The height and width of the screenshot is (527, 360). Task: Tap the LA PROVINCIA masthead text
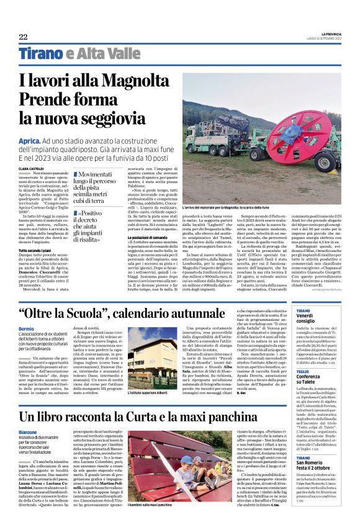click(326, 34)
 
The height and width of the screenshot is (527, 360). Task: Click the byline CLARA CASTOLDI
click(32, 168)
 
